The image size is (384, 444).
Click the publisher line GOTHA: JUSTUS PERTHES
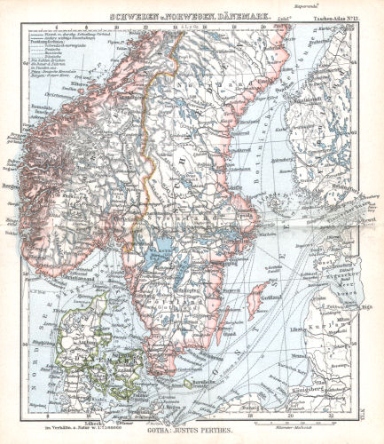point(192,428)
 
